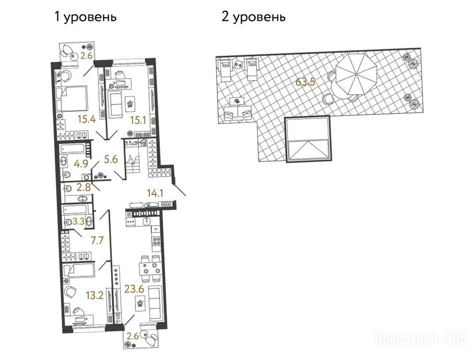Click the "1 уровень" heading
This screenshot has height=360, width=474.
click(85, 16)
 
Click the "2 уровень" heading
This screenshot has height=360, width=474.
click(253, 16)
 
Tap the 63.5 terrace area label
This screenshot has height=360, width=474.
click(306, 82)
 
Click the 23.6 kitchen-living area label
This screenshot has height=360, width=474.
click(134, 289)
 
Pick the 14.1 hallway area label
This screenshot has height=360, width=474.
click(155, 193)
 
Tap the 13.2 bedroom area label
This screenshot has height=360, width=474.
click(95, 295)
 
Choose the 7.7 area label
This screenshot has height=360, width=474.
click(97, 240)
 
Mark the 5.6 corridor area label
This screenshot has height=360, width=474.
click(111, 159)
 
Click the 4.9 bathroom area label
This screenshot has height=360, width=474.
click(81, 164)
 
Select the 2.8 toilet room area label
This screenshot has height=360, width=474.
click(83, 187)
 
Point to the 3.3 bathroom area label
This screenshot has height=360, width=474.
click(78, 222)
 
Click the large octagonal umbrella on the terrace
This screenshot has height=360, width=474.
click(356, 74)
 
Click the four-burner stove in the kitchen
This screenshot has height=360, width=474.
click(157, 241)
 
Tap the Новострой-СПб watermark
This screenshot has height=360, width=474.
click(421, 338)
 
